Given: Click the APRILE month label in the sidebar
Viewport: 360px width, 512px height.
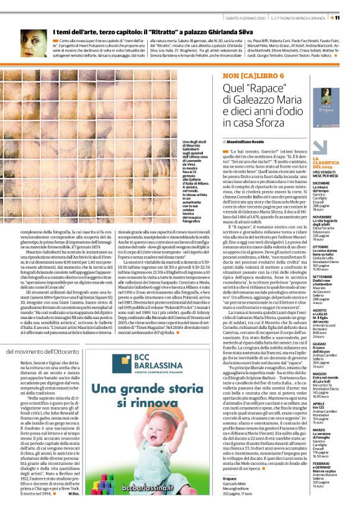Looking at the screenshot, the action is pos(318,403).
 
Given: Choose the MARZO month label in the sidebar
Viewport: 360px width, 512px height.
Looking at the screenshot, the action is pos(318,428).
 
